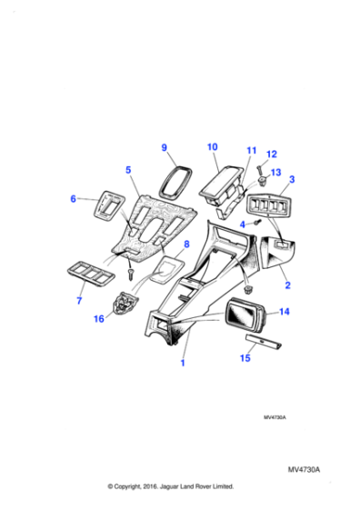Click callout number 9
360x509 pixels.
165,148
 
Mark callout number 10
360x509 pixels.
212,146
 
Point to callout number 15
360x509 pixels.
243,359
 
